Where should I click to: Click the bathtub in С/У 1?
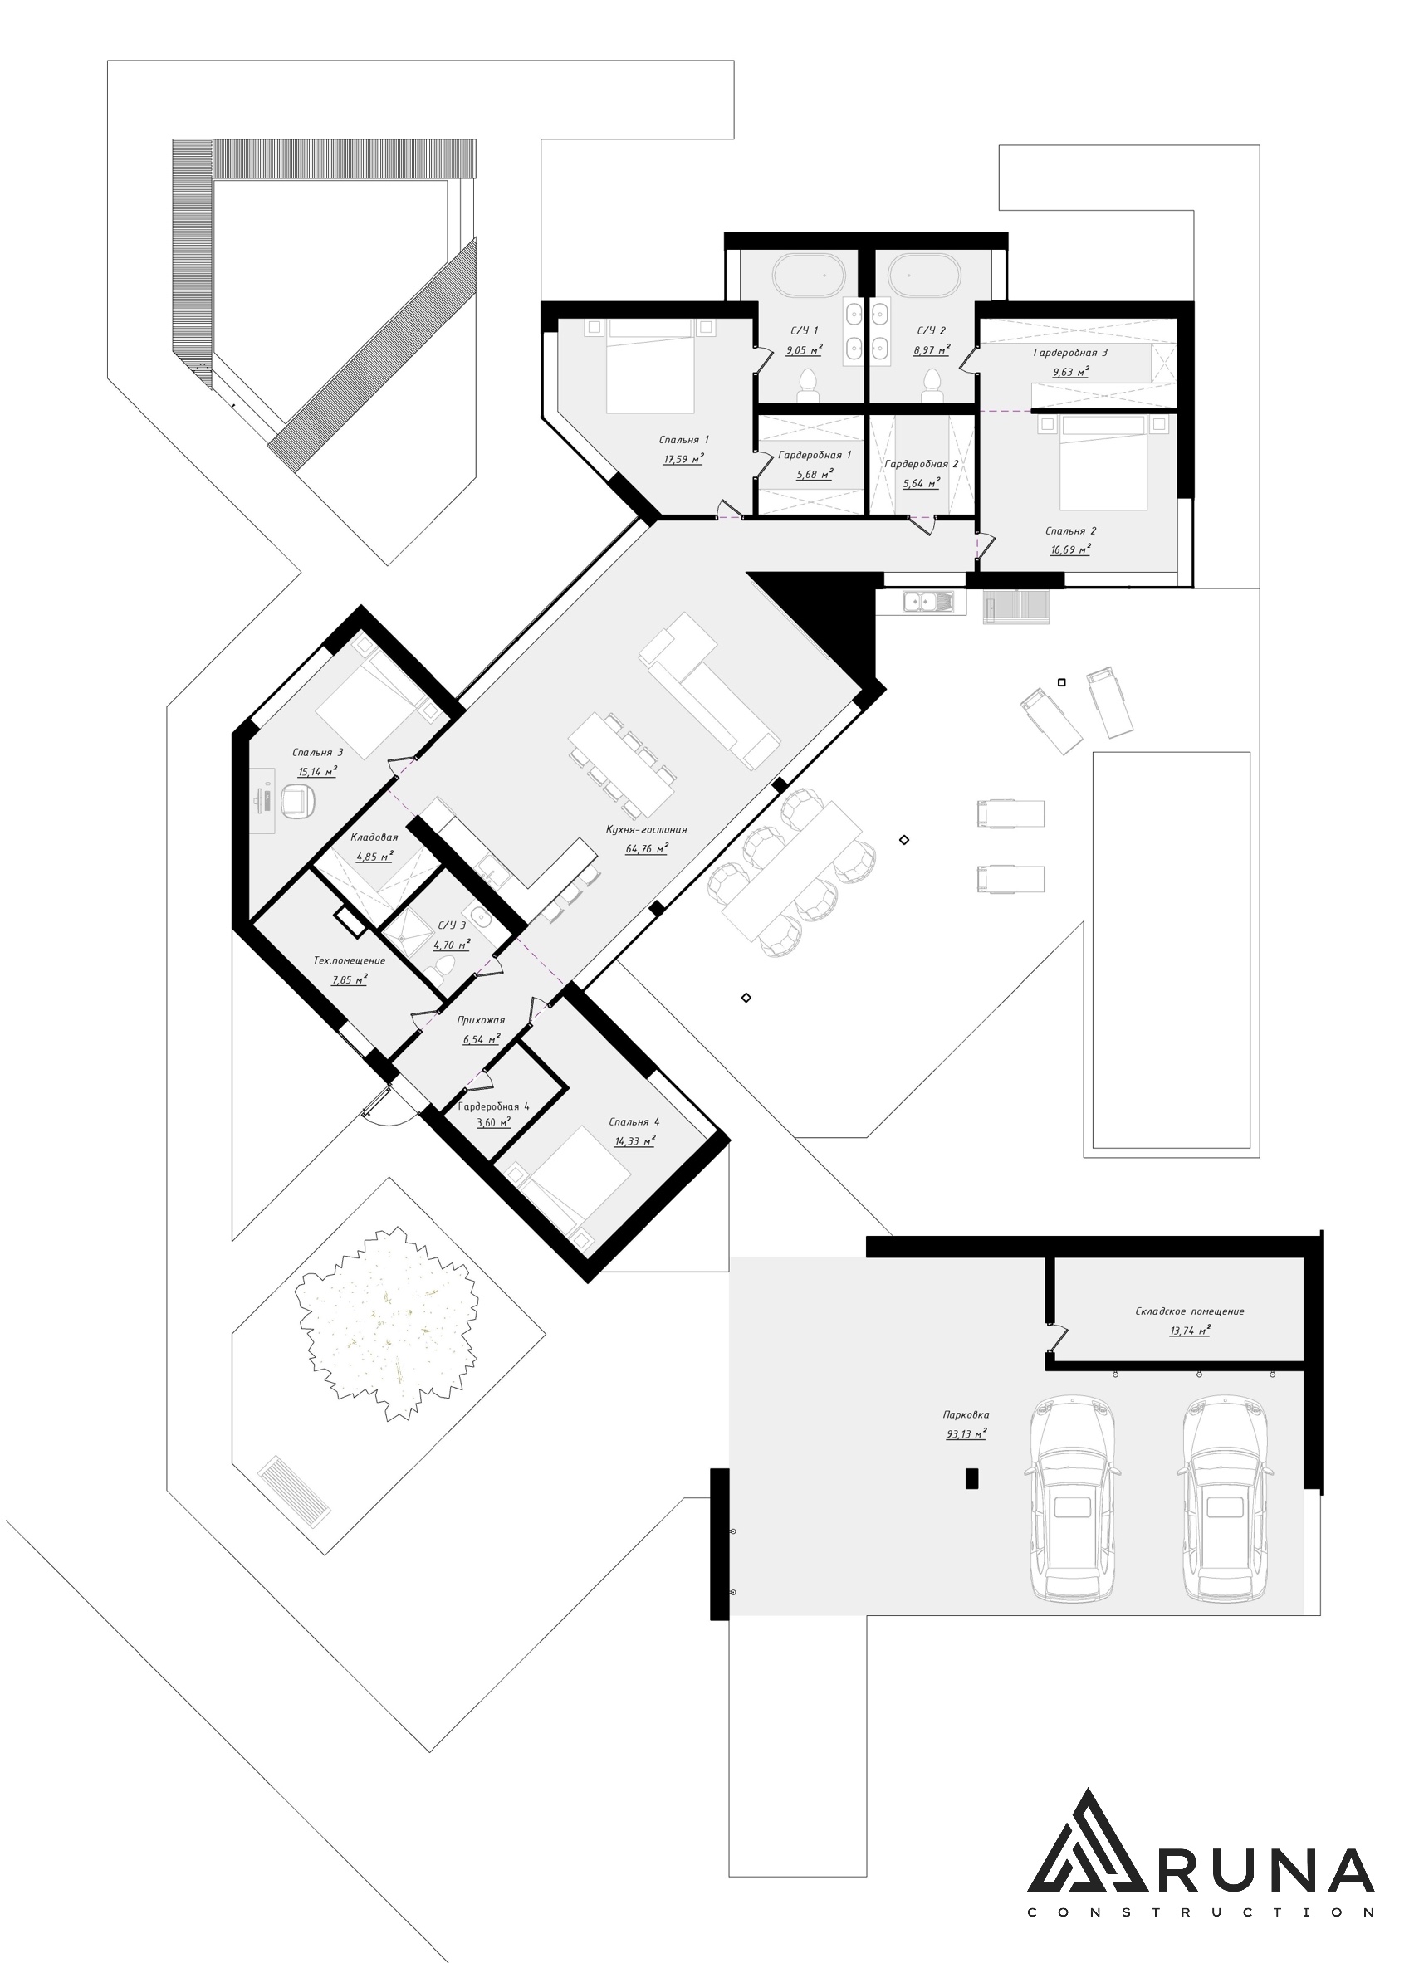pos(810,276)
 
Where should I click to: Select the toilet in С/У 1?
pos(809,385)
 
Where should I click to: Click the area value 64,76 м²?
pos(647,849)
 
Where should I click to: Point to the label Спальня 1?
pos(683,440)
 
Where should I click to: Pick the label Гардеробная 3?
pos(1070,352)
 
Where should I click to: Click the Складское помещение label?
pos(1190,1311)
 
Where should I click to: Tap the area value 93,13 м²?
pos(966,1434)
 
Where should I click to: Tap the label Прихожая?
pos(481,1020)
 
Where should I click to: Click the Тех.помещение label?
pos(349,960)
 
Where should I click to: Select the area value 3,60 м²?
pos(493,1122)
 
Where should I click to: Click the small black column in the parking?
pos(971,1478)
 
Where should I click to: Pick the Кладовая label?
pos(374,837)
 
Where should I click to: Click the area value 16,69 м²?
pos(1070,549)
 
